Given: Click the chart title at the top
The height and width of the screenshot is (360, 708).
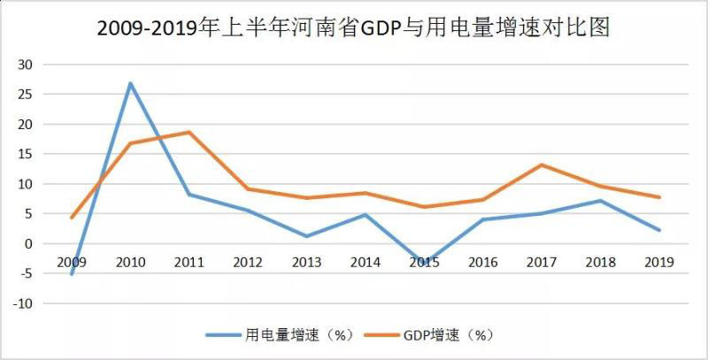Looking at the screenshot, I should [354, 28].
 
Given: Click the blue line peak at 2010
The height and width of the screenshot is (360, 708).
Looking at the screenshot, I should [130, 83].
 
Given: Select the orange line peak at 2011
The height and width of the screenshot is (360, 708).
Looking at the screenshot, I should [189, 132].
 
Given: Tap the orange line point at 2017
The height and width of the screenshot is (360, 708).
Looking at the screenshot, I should [541, 165].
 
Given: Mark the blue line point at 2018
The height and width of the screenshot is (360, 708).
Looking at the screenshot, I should [600, 200].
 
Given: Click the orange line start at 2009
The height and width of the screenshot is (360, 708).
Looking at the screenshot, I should [72, 218].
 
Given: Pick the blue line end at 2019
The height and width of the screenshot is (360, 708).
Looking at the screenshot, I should [659, 230].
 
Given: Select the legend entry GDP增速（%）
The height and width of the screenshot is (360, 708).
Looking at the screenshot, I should [446, 334].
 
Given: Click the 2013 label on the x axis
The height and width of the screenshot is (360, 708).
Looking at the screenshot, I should [306, 262].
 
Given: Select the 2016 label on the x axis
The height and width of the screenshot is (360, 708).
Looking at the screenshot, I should [482, 262].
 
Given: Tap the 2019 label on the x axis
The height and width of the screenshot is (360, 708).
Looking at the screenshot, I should [659, 262].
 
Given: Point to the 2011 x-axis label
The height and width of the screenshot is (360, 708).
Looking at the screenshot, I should [189, 262].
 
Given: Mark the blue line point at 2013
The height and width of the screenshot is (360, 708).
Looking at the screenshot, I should [306, 236].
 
